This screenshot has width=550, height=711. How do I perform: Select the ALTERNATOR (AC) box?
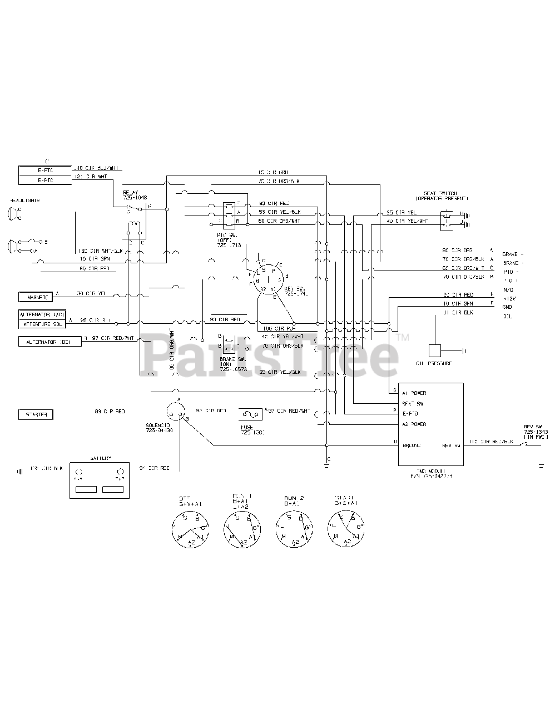coord(42,314)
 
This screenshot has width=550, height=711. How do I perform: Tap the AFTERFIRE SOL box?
coord(42,323)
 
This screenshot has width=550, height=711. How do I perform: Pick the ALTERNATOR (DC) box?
coord(49,342)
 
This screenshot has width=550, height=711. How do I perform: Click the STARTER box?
coord(36,414)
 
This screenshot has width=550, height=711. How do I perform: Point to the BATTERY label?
coord(100,458)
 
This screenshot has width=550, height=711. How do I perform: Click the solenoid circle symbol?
coord(175,412)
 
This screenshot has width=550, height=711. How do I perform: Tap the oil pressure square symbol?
coord(435,351)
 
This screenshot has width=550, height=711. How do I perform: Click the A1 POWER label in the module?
coord(414,393)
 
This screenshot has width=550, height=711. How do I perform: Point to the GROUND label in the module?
coord(412,445)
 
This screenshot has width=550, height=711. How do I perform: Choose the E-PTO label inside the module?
coord(410,414)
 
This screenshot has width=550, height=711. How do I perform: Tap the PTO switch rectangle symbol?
coord(228,214)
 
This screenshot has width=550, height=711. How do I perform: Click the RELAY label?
coord(131,192)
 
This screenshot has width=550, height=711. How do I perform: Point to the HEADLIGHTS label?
coord(24,200)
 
